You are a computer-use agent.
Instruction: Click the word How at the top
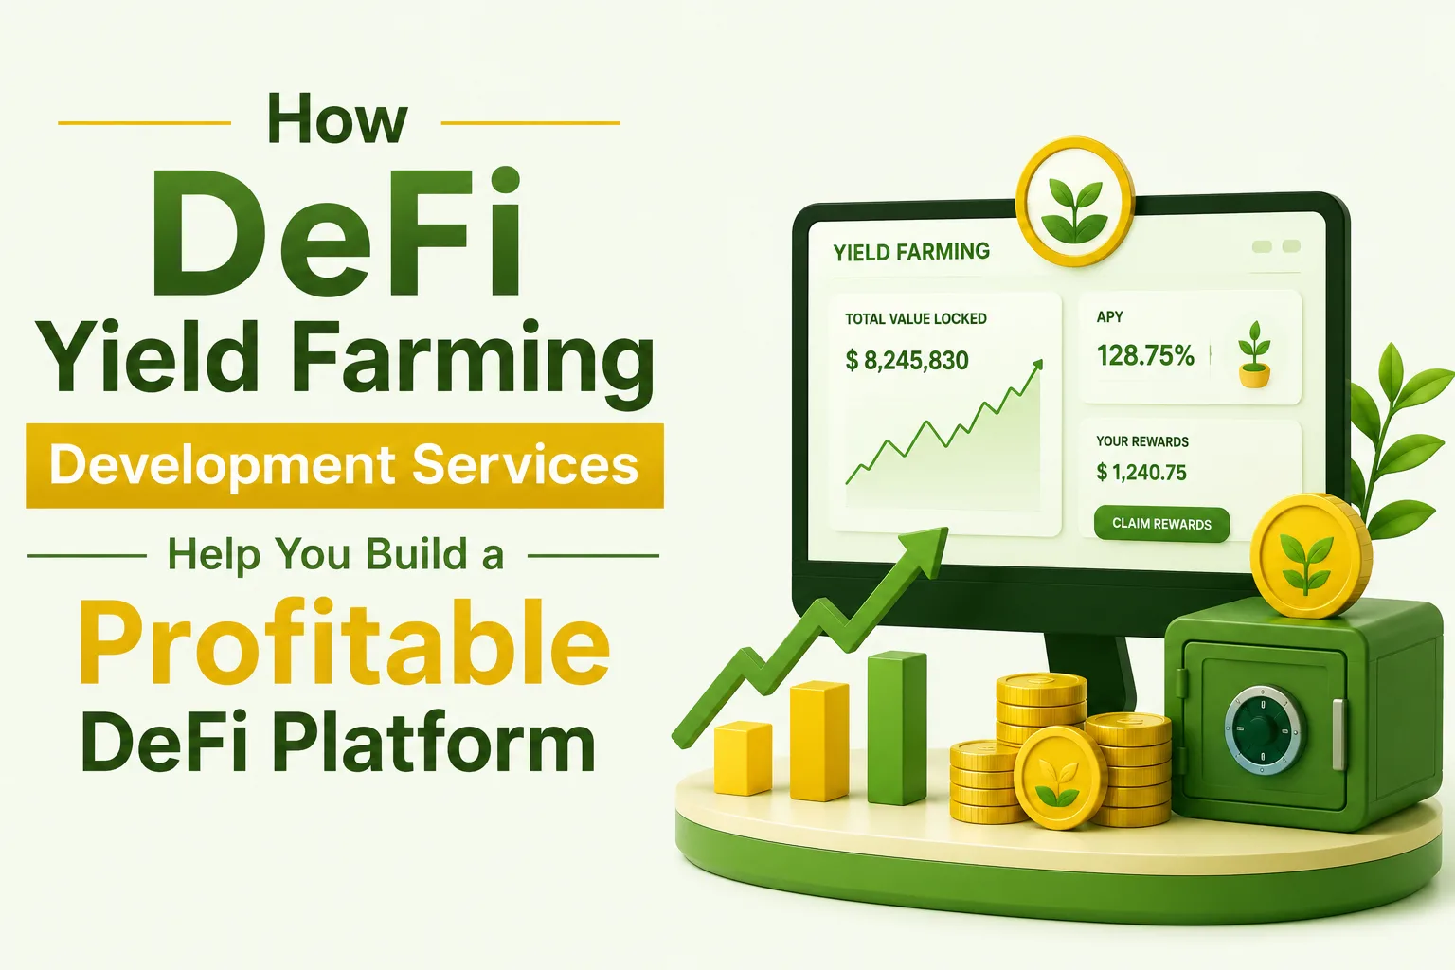tap(337, 119)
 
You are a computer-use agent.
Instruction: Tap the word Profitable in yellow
tap(344, 642)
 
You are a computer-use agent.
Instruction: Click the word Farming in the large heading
tap(474, 359)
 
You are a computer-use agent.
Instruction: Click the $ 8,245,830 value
tap(907, 360)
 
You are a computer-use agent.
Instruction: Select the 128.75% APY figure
tap(1145, 355)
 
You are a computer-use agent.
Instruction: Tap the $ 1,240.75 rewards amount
tap(1141, 473)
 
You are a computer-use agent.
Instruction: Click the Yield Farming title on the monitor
tap(911, 251)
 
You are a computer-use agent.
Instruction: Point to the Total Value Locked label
tap(915, 319)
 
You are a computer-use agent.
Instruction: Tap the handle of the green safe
tap(1338, 734)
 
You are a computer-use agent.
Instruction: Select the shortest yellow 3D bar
tap(743, 758)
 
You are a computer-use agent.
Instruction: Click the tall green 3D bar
tap(897, 727)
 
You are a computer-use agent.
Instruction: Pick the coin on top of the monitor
tap(1075, 202)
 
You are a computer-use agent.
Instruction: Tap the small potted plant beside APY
tap(1254, 354)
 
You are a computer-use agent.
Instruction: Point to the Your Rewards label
tap(1141, 441)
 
